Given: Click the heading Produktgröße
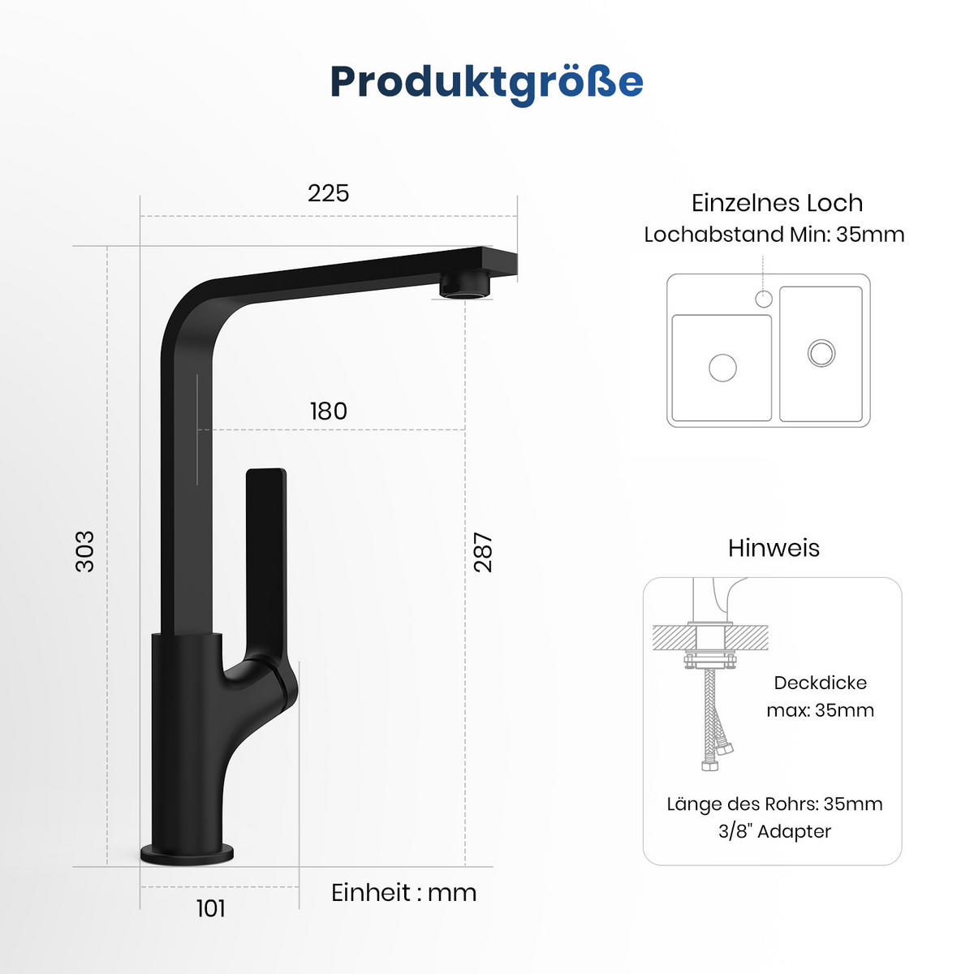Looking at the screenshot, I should [487, 82].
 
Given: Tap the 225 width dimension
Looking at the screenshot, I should [328, 193].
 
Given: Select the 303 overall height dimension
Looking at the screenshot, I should [85, 552].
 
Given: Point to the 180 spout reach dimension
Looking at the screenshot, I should [328, 412].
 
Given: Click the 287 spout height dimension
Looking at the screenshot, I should [483, 552].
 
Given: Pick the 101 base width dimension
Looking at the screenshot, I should [211, 908].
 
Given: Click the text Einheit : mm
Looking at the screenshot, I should [403, 893].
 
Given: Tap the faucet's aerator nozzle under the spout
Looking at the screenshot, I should [465, 286].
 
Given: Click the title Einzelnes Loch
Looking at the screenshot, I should [777, 203].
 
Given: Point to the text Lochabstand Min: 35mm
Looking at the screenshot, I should [774, 235].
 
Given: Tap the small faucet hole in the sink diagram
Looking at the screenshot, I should [763, 299].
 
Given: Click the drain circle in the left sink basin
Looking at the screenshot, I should [722, 367].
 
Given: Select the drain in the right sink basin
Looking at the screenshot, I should [821, 352].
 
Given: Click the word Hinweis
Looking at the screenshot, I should [774, 548].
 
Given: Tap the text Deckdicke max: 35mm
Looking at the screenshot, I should [820, 696].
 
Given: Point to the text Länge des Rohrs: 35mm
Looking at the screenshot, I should [774, 804].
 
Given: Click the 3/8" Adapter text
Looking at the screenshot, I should [774, 831].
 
